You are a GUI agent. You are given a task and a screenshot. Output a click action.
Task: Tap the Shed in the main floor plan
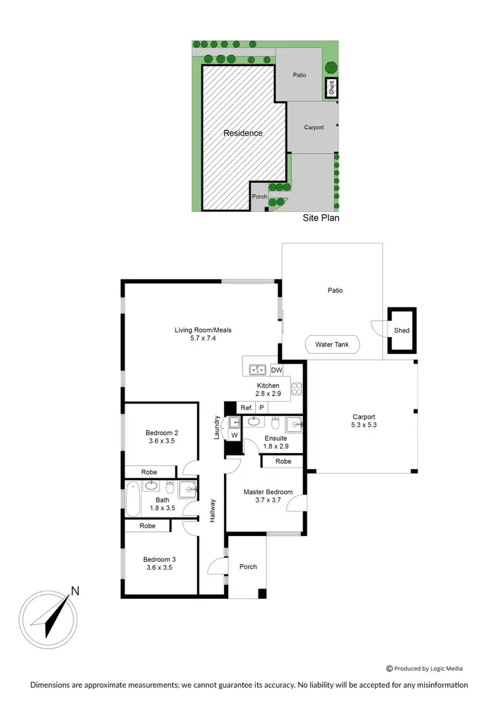point(402,330)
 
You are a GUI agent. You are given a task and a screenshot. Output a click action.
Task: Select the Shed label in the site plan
point(331,87)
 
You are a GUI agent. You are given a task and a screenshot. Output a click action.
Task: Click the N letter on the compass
point(75,591)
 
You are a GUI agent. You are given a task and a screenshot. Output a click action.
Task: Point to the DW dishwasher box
point(277,370)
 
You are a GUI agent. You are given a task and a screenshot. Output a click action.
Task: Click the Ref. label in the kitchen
point(247,407)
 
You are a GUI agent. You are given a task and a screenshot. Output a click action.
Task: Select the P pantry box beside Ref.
point(262,407)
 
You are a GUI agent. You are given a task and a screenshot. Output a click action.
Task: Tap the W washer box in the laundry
point(234,435)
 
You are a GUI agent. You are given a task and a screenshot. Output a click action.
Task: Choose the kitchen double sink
point(257,370)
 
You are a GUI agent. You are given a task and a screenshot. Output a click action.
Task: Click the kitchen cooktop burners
point(298,390)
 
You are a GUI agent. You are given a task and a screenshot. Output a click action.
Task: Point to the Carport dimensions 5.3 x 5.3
point(364,425)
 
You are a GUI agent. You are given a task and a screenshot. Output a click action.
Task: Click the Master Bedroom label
point(264,491)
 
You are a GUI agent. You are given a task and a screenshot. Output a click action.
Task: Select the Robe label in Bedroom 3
point(147,525)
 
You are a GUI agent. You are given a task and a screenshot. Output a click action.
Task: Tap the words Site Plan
point(321,217)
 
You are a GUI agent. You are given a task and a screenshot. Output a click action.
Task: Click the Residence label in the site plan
point(243,133)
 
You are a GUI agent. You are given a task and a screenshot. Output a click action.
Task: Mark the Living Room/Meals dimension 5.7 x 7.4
point(202,338)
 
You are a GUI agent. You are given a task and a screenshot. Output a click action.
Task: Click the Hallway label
point(213,510)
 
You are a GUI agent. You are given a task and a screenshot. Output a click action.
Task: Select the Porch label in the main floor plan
point(248,567)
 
